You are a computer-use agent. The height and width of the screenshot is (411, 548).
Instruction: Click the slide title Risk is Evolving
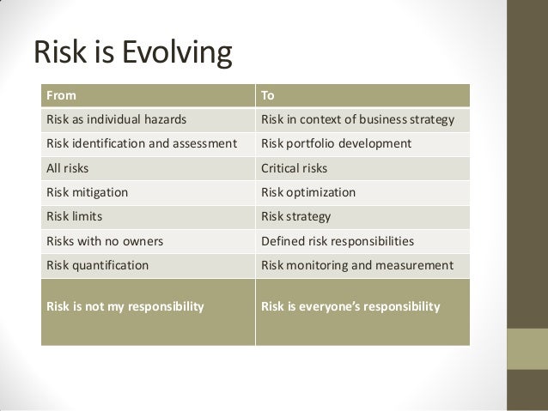pyautogui.click(x=132, y=53)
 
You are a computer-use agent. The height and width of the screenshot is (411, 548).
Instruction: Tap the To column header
pyautogui.click(x=269, y=94)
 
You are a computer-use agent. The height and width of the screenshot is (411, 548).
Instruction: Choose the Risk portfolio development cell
pyautogui.click(x=337, y=143)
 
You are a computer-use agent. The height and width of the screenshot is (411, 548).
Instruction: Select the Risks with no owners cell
pyautogui.click(x=100, y=241)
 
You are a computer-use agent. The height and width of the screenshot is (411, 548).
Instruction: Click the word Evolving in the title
pyautogui.click(x=180, y=53)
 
